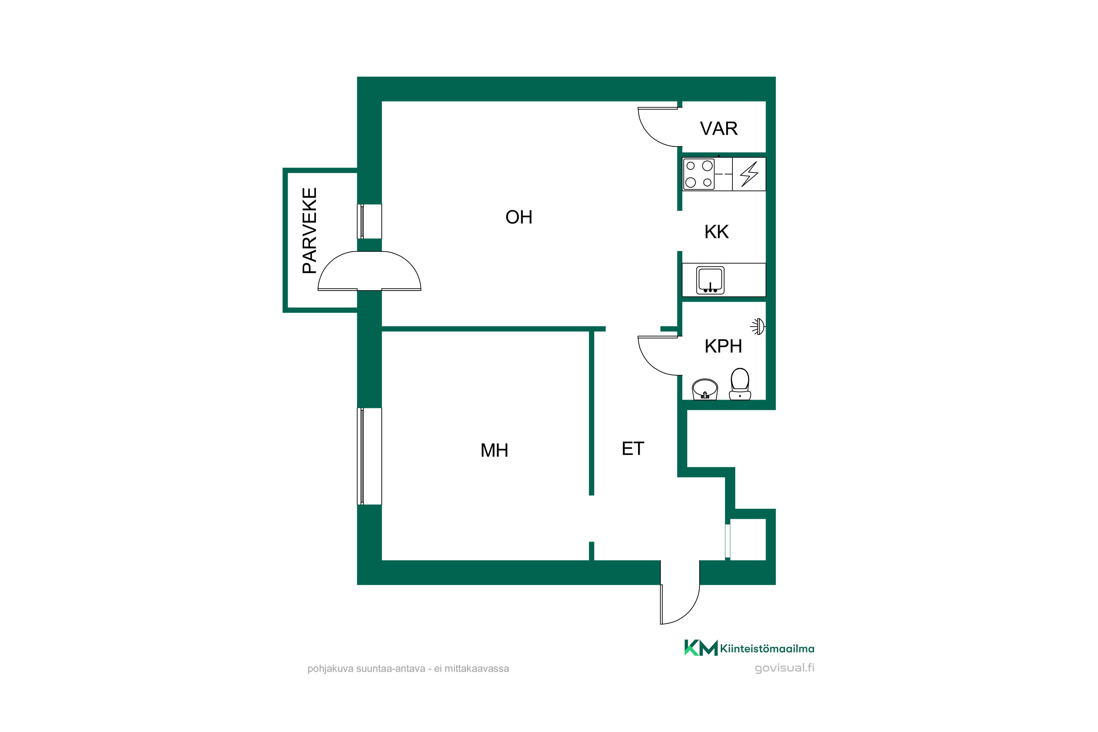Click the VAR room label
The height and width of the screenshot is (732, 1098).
718,128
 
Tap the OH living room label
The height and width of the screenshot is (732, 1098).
519,217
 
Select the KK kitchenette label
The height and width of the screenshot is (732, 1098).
717,232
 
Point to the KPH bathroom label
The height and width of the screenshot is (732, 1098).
723,346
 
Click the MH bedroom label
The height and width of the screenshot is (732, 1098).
494,451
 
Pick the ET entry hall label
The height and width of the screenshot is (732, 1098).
633,449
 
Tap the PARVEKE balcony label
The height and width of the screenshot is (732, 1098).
310,231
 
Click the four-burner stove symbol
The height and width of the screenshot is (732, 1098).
699,174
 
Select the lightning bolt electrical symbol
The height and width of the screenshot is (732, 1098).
749,174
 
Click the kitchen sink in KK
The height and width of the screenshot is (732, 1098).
710,280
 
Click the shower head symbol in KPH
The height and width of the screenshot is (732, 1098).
758,326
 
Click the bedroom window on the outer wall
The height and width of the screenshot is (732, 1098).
369,456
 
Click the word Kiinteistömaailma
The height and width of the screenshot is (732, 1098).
767,649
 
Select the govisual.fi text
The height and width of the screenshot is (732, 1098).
784,668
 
